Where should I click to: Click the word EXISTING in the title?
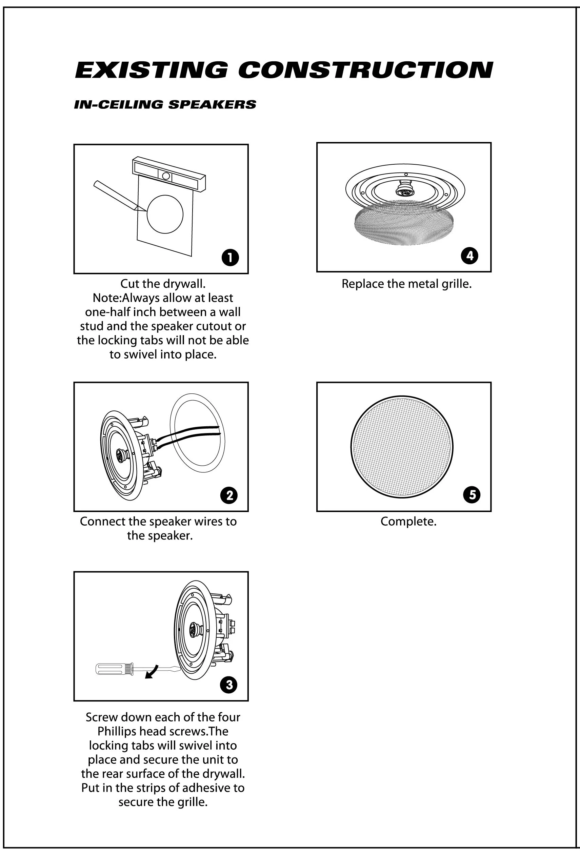point(152,70)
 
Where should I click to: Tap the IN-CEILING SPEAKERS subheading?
point(165,105)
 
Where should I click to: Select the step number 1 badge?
point(230,258)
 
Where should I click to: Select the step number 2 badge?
point(229,495)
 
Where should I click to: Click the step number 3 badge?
point(229,685)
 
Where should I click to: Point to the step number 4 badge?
point(470,255)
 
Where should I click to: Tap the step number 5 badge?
point(472,494)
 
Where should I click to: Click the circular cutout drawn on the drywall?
point(165,214)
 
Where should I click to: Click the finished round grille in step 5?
point(402,448)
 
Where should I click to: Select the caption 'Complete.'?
point(408,521)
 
